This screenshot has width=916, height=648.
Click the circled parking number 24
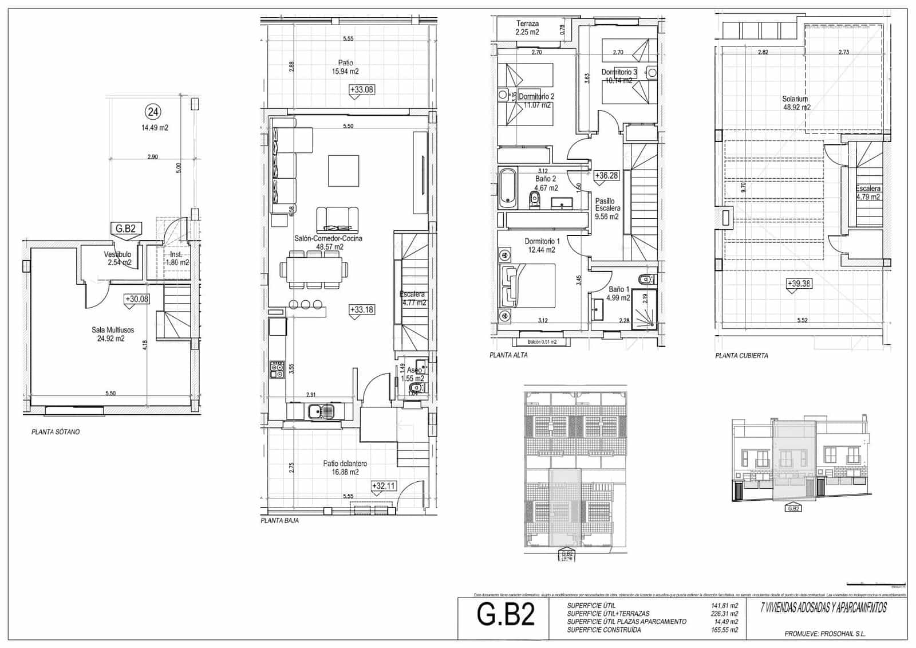tap(153, 111)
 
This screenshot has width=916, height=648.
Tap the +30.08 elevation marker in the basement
tap(137, 299)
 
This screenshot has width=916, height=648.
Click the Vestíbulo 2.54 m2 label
tap(119, 258)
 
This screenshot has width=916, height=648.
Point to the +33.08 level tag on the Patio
tap(361, 89)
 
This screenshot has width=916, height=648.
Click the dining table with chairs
tap(314, 269)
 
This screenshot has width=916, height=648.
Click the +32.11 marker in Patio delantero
tap(384, 486)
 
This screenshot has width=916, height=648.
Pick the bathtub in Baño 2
tap(507, 187)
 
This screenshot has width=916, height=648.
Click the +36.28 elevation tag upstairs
tap(606, 175)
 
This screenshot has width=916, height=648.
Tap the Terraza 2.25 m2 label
tap(527, 28)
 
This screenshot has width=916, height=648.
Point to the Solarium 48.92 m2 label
tap(796, 103)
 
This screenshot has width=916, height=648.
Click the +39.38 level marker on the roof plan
tap(800, 283)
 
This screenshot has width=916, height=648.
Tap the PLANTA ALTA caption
tap(508, 355)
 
